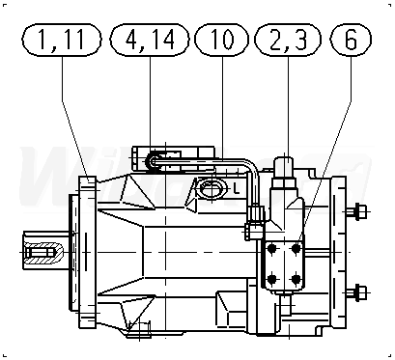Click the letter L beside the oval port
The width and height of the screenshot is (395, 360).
pyautogui.click(x=237, y=188)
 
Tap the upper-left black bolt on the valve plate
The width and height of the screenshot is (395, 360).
pyautogui.click(x=272, y=249)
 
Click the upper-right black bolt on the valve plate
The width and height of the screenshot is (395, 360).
pyautogui.click(x=296, y=249)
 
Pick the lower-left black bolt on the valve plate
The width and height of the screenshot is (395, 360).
pyautogui.click(x=272, y=279)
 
